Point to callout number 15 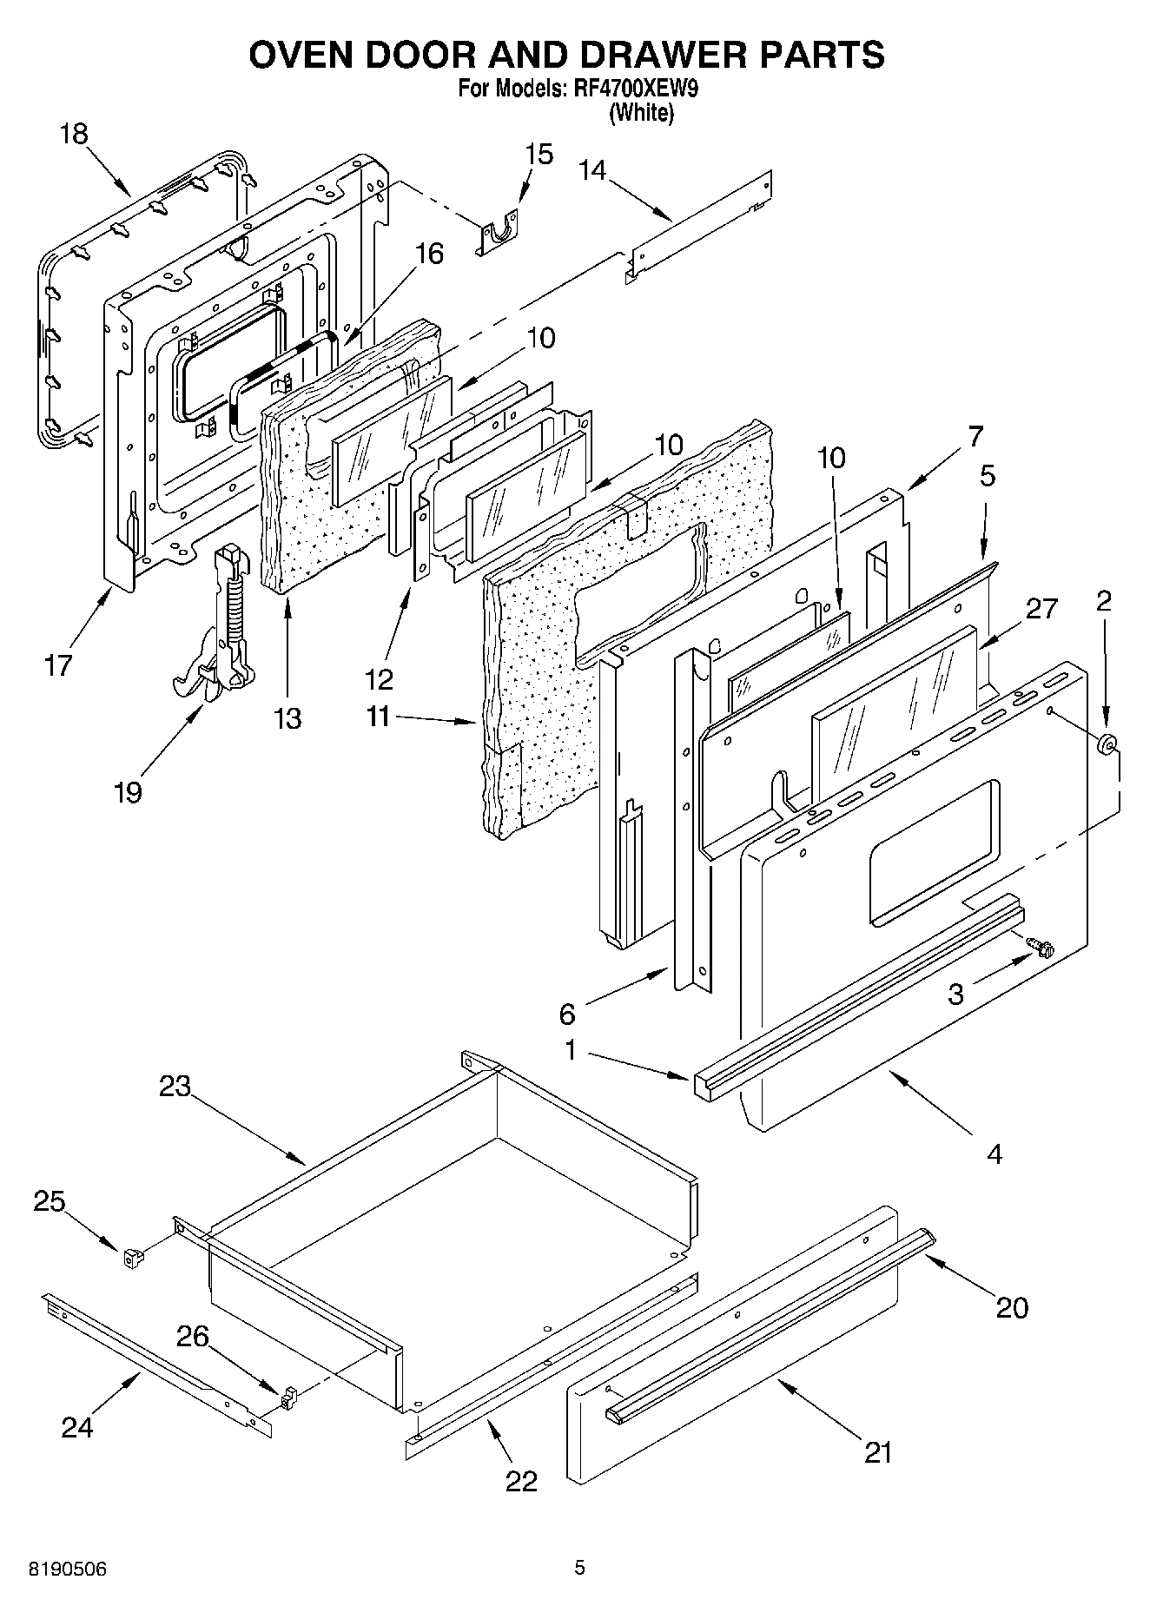(539, 155)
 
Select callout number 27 (1041, 608)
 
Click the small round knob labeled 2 (1107, 744)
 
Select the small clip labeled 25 (133, 1257)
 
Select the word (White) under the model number (641, 113)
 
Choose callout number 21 (878, 1451)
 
